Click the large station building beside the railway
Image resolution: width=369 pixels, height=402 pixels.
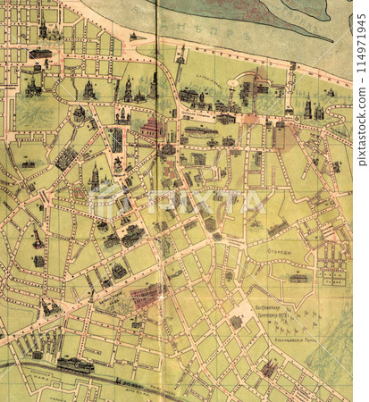(x=75, y=364)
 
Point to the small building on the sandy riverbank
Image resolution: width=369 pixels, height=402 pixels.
(x=133, y=36)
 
